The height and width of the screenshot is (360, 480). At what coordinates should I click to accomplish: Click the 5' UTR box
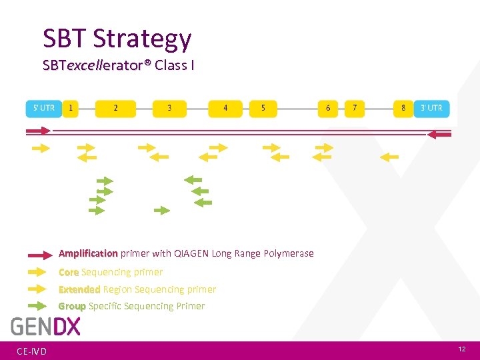pyautogui.click(x=43, y=109)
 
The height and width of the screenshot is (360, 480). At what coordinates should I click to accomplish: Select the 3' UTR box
pyautogui.click(x=431, y=109)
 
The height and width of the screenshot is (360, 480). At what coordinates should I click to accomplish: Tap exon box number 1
pyautogui.click(x=71, y=109)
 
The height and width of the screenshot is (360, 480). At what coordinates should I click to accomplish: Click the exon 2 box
pyautogui.click(x=115, y=109)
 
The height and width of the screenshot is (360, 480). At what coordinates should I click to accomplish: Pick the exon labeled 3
pyautogui.click(x=169, y=109)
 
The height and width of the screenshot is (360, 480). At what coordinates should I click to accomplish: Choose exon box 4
pyautogui.click(x=225, y=109)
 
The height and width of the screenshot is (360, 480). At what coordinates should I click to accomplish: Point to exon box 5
pyautogui.click(x=263, y=109)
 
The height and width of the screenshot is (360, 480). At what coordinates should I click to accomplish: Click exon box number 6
pyautogui.click(x=328, y=109)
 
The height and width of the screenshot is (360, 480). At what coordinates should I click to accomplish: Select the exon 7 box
pyautogui.click(x=355, y=109)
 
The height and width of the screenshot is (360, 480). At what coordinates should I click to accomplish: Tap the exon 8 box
pyautogui.click(x=403, y=109)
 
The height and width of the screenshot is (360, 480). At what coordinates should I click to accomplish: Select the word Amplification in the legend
pyautogui.click(x=88, y=253)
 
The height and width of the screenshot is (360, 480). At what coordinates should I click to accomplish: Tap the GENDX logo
pyautogui.click(x=45, y=327)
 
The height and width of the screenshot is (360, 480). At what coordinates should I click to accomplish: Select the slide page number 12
pyautogui.click(x=462, y=350)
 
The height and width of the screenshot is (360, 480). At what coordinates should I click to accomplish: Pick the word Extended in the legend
pyautogui.click(x=79, y=289)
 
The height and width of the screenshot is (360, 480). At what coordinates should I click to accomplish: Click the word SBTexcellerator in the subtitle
pyautogui.click(x=93, y=66)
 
